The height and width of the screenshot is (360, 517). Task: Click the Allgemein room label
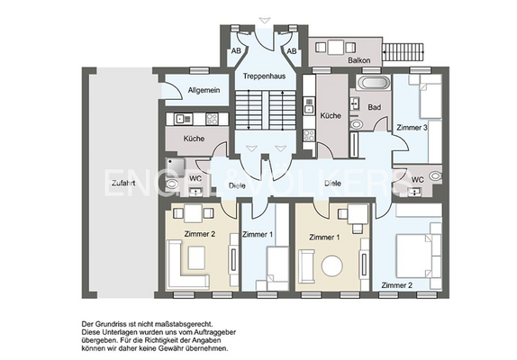coord(204,90)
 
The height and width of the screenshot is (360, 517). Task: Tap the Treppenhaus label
coord(264,76)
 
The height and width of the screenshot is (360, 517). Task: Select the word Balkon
coord(359,60)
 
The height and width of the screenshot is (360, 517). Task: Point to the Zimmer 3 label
coord(412,128)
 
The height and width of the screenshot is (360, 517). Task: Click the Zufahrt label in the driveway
coord(123,183)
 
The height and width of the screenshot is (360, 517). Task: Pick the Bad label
coord(374,107)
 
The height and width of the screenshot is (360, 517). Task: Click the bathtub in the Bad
coord(373,82)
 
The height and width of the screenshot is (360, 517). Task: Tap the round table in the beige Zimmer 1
coord(332,265)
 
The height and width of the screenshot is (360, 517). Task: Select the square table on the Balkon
coord(336,48)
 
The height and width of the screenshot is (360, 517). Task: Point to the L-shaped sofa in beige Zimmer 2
coord(187,265)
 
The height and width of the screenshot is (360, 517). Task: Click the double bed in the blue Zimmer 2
coord(414,256)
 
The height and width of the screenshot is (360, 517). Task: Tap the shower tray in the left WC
coord(176,167)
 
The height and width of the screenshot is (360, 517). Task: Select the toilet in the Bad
coord(356,124)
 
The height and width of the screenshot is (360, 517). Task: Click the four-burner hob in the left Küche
coord(212,119)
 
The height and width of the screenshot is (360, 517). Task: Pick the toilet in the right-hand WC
coord(435,176)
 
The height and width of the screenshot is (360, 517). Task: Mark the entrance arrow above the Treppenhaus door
coord(264,21)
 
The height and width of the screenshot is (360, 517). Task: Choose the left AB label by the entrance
coord(236,51)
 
